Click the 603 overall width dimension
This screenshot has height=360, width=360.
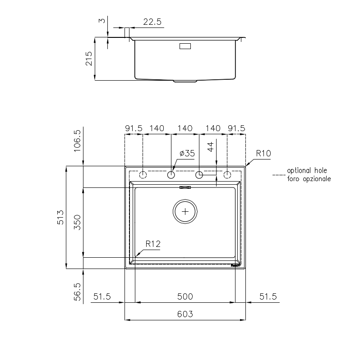[x=185, y=314]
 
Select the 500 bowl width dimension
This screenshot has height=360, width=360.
[x=185, y=296]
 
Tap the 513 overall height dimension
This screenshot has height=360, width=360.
[x=60, y=217]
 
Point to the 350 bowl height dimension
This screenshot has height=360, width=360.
[x=77, y=222]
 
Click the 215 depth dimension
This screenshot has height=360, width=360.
[x=89, y=59]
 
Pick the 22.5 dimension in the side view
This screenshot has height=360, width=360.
[x=152, y=22]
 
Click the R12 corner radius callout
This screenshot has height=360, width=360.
[x=153, y=244]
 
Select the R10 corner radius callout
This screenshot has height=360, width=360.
[x=263, y=153]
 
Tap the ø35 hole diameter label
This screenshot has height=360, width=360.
[x=187, y=153]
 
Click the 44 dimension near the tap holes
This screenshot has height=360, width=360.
[x=211, y=147]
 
